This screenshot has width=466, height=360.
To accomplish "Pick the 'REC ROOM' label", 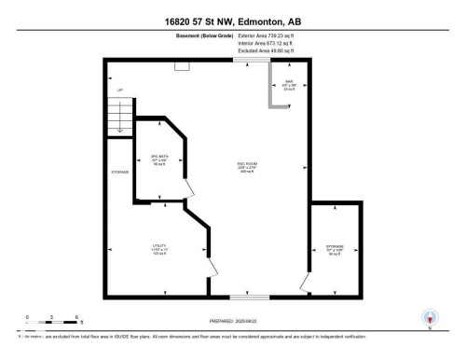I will (x=245, y=165).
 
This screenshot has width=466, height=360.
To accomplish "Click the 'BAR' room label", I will (x=289, y=82).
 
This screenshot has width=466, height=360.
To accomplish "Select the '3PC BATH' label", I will (x=158, y=157).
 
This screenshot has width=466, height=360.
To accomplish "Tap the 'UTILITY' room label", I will (x=159, y=248).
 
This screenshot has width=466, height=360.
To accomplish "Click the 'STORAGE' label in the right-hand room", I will (x=335, y=247).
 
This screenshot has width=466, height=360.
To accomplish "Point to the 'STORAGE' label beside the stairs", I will (x=119, y=173).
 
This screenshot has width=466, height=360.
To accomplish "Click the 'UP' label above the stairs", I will (x=119, y=90).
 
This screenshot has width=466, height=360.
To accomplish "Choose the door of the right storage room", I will (x=305, y=283).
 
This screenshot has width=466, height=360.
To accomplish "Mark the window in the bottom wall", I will (x=253, y=298).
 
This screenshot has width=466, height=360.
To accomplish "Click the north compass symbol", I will (x=429, y=317).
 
